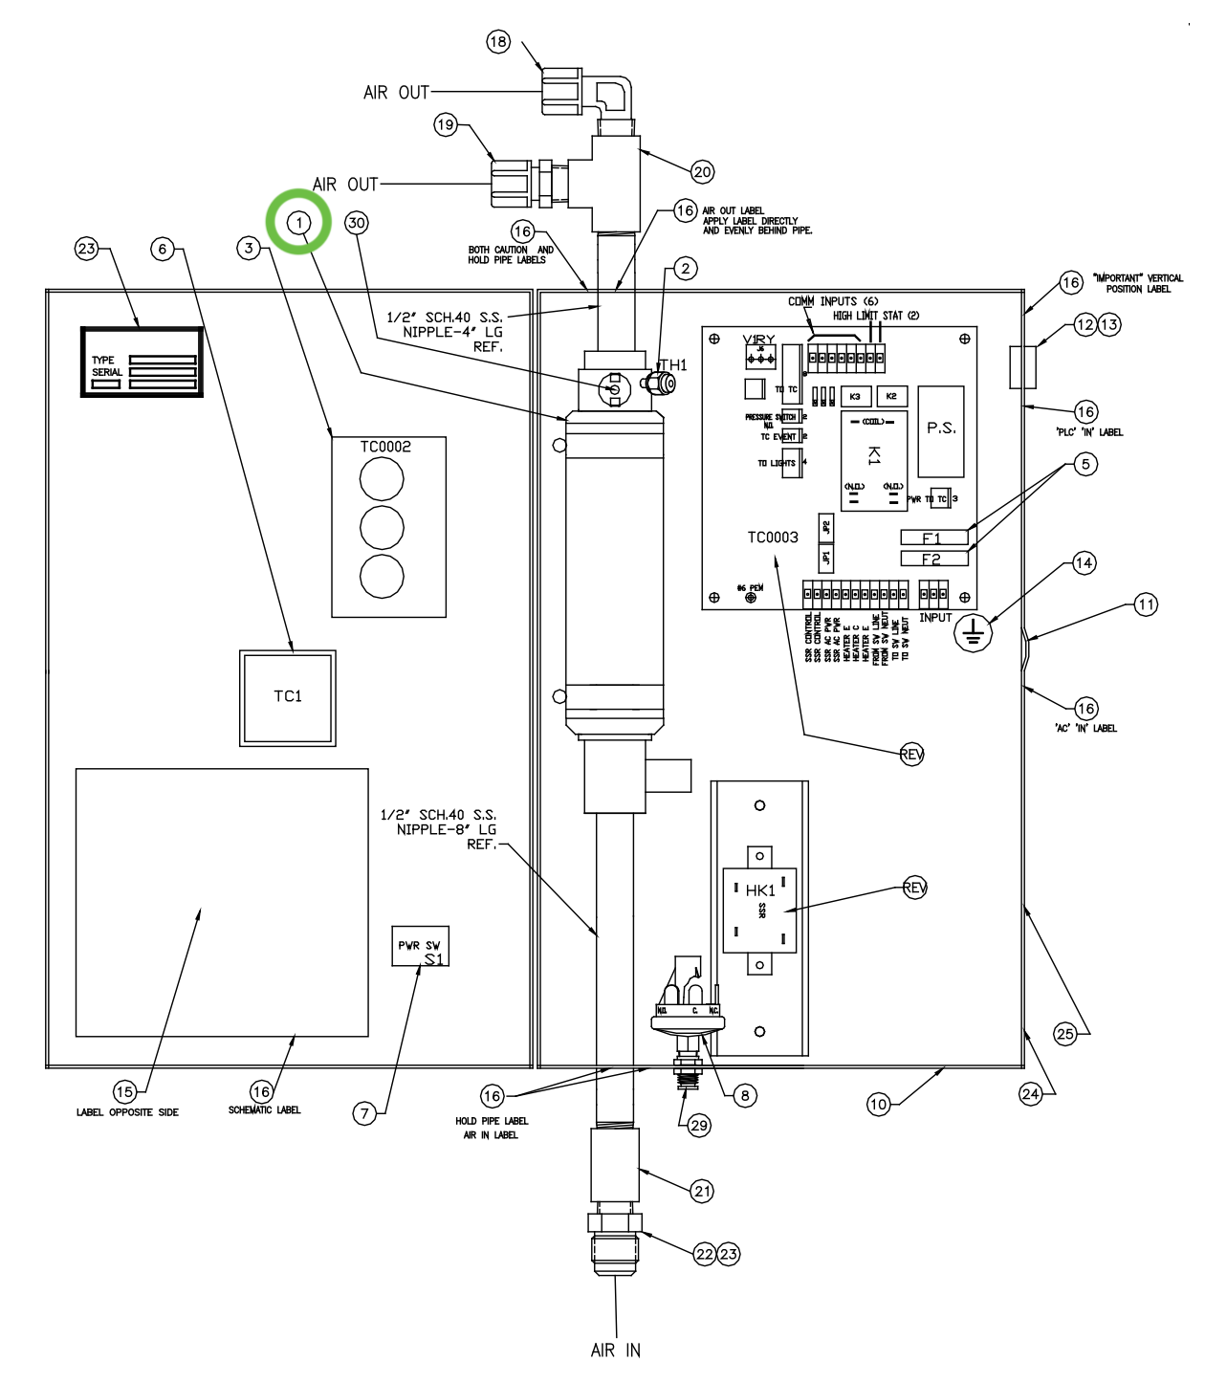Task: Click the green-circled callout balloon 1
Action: (299, 222)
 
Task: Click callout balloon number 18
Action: (498, 41)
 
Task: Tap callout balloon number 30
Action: (357, 223)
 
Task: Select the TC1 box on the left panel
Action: (287, 697)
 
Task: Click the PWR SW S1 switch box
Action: (420, 946)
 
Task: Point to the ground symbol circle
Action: (974, 632)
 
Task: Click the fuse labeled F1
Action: (933, 538)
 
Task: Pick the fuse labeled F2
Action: (933, 559)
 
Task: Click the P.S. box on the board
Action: (941, 430)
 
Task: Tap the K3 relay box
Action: (855, 396)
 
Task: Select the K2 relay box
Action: (891, 396)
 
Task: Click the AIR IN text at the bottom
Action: (616, 1350)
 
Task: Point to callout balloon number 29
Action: (699, 1125)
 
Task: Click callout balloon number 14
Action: (1084, 562)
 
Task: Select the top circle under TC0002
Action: (382, 479)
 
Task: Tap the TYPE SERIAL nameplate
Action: (142, 362)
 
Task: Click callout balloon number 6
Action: (163, 249)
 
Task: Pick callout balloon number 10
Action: (878, 1104)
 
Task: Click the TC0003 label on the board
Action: (773, 538)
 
